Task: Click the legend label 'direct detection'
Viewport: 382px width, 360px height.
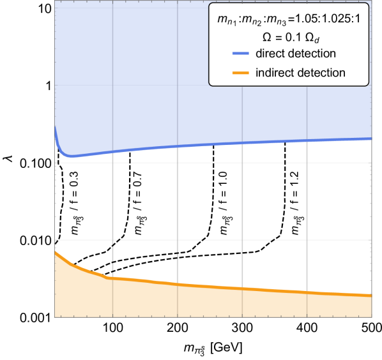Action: [295, 53]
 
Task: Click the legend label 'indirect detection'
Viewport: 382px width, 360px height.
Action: [300, 73]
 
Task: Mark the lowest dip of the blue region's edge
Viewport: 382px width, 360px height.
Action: [72, 158]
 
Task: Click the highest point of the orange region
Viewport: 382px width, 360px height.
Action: [55, 251]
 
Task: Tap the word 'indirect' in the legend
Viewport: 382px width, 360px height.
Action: [273, 73]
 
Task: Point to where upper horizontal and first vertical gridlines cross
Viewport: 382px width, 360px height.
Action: [112, 162]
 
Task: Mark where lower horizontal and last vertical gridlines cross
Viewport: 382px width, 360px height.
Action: [307, 240]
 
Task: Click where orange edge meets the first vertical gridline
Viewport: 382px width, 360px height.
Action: [112, 276]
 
